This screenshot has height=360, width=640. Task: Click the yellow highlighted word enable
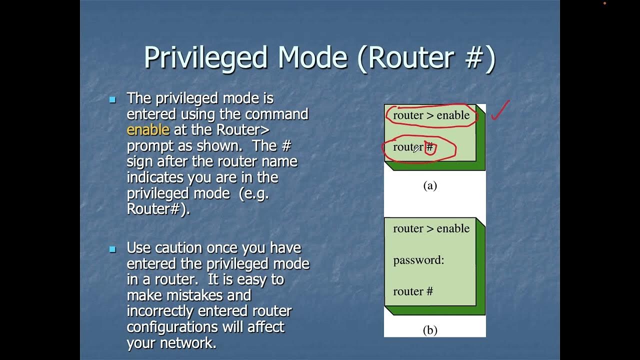click(148, 130)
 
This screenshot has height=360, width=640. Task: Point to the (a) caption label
click(430, 186)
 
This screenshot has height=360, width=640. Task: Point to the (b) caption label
click(430, 330)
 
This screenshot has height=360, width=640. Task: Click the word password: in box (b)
click(418, 260)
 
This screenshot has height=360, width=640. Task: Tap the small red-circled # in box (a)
click(430, 147)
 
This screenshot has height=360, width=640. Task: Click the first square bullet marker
click(112, 99)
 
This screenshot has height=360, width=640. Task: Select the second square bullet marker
click(112, 249)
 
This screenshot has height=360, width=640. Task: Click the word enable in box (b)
click(453, 228)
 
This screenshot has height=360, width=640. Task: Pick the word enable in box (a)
click(453, 115)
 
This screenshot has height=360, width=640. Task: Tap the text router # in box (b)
click(413, 291)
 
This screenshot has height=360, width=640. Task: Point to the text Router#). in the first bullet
click(158, 209)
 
